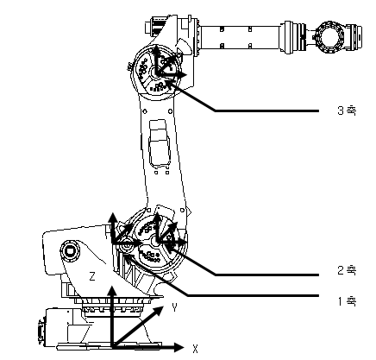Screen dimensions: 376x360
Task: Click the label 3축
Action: tap(347, 111)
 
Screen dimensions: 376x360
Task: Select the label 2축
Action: tap(347, 270)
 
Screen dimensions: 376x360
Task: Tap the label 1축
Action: tap(347, 301)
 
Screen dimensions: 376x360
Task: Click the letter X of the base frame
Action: tap(195, 349)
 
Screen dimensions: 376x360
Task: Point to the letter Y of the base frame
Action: tap(174, 307)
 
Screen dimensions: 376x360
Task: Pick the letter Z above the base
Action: tap(92, 276)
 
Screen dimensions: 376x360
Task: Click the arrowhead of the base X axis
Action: tap(179, 347)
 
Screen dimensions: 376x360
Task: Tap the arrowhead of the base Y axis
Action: tap(159, 311)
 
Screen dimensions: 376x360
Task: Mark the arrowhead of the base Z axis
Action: tap(112, 291)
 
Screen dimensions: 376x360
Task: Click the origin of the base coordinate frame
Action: tap(112, 347)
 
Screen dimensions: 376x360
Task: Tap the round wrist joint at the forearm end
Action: tap(329, 36)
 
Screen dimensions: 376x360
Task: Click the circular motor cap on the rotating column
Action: tap(70, 251)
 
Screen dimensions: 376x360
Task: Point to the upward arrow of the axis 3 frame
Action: tap(156, 59)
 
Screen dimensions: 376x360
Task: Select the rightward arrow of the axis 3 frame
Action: tap(172, 75)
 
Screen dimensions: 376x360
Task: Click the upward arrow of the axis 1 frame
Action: tap(113, 228)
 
